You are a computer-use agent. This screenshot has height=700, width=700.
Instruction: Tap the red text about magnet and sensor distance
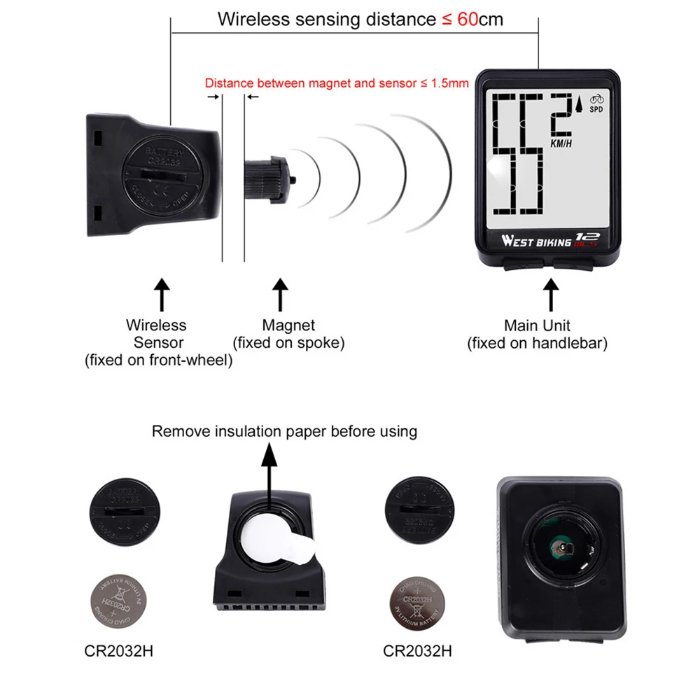336,83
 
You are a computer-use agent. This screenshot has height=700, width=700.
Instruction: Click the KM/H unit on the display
561,144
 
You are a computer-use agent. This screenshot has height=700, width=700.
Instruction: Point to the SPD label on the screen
596,109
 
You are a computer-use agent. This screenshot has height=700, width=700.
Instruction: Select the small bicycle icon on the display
596,99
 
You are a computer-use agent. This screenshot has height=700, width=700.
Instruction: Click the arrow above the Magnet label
280,294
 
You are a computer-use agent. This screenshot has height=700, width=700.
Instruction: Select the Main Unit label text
537,325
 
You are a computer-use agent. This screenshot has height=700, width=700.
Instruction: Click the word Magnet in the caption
288,325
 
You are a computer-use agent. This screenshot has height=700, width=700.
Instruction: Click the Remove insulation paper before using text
284,430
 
